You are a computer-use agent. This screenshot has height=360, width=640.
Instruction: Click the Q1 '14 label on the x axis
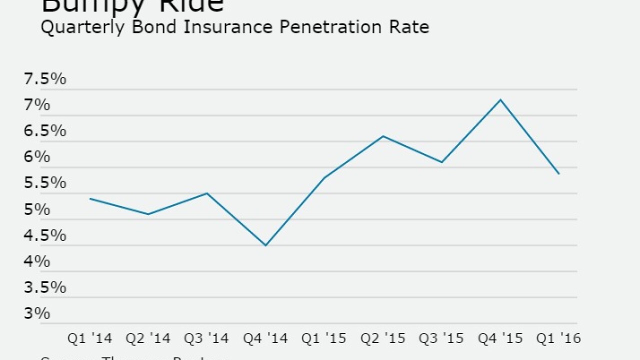[90, 338]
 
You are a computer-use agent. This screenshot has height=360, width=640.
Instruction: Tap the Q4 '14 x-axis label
[265, 338]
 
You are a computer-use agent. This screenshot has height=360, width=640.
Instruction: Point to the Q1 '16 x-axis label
[558, 338]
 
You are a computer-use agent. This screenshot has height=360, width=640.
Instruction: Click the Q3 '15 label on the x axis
[441, 338]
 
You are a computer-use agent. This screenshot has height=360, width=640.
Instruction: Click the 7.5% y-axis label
[45, 79]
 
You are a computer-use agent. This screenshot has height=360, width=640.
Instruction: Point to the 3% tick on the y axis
[37, 313]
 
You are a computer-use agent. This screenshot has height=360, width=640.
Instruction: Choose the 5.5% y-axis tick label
[45, 183]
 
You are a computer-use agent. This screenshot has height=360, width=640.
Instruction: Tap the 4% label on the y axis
[37, 261]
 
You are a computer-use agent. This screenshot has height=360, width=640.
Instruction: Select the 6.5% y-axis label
[45, 131]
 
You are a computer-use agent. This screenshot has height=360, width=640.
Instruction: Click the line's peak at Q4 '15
[500, 99]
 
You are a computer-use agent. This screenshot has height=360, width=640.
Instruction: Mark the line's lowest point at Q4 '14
[265, 245]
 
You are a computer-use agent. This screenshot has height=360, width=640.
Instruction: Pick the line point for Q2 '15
[382, 136]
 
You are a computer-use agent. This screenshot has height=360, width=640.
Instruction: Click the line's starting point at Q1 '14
[90, 198]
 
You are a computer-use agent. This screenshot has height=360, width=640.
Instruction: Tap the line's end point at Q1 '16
[558, 173]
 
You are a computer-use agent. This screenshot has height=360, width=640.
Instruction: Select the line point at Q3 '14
[207, 193]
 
